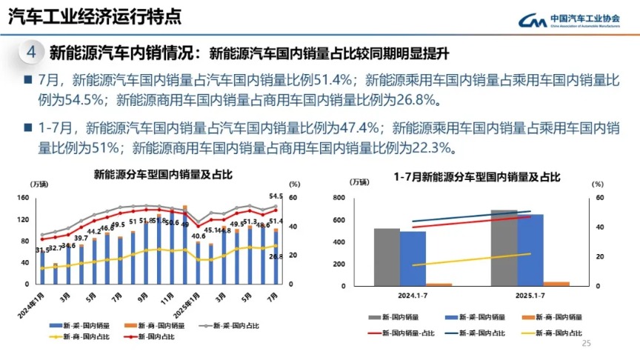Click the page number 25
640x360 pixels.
(x=587, y=344)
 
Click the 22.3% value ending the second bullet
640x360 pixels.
(x=431, y=147)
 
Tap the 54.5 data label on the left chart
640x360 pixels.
(x=276, y=196)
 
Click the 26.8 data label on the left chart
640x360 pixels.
(x=276, y=257)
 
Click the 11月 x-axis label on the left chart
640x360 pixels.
(x=171, y=299)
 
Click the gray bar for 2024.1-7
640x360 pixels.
(x=387, y=256)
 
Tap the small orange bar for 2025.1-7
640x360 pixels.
(x=556, y=283)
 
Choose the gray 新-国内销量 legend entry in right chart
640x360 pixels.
(x=399, y=317)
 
